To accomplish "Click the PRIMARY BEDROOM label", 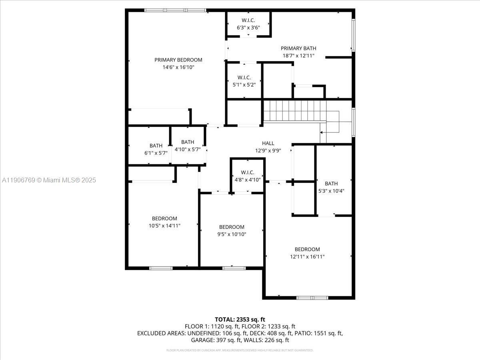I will coord(178,60).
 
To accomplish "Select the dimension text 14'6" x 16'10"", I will coord(178,67).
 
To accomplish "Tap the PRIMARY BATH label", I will coord(298,48).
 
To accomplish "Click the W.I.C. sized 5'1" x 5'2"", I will coord(244,81).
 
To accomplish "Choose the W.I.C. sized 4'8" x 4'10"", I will coord(248,176).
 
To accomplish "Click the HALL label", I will coord(268,143).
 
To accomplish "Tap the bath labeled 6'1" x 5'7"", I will coord(156,149).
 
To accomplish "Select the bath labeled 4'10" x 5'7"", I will coord(188,146).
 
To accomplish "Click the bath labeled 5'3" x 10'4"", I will coord(331,187).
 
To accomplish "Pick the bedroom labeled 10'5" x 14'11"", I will coord(164,222).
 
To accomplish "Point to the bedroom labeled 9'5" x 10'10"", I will coord(232,230).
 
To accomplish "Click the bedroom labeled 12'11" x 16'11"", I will coord(307,253).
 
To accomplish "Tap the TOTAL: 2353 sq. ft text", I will coord(240,319).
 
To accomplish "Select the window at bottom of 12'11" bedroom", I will coord(312,298).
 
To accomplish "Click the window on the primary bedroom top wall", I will coord(175,10).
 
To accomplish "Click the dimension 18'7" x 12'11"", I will coord(298,56).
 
